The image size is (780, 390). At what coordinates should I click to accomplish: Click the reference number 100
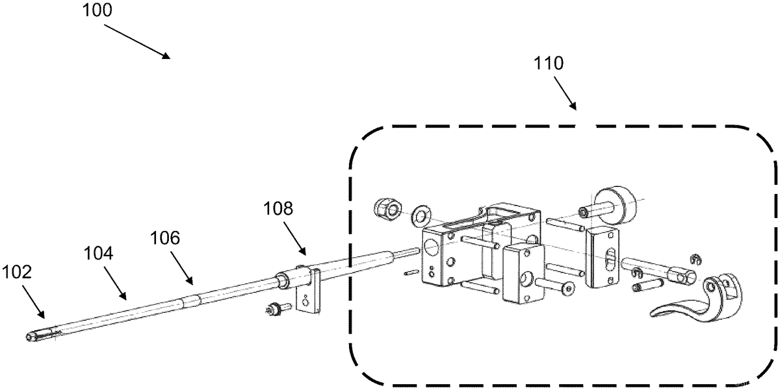point(97,10)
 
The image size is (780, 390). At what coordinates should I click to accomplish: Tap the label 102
point(17,272)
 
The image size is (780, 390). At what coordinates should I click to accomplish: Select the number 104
point(99,253)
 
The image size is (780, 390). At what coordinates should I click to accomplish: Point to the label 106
point(165,238)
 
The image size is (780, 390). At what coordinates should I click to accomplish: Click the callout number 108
point(278,208)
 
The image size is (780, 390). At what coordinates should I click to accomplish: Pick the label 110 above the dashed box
point(549,63)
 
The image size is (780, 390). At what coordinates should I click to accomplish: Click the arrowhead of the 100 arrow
point(166,56)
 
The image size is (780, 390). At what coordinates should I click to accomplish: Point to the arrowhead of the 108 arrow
point(302,251)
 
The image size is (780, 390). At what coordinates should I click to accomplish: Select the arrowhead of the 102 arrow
point(41,314)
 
